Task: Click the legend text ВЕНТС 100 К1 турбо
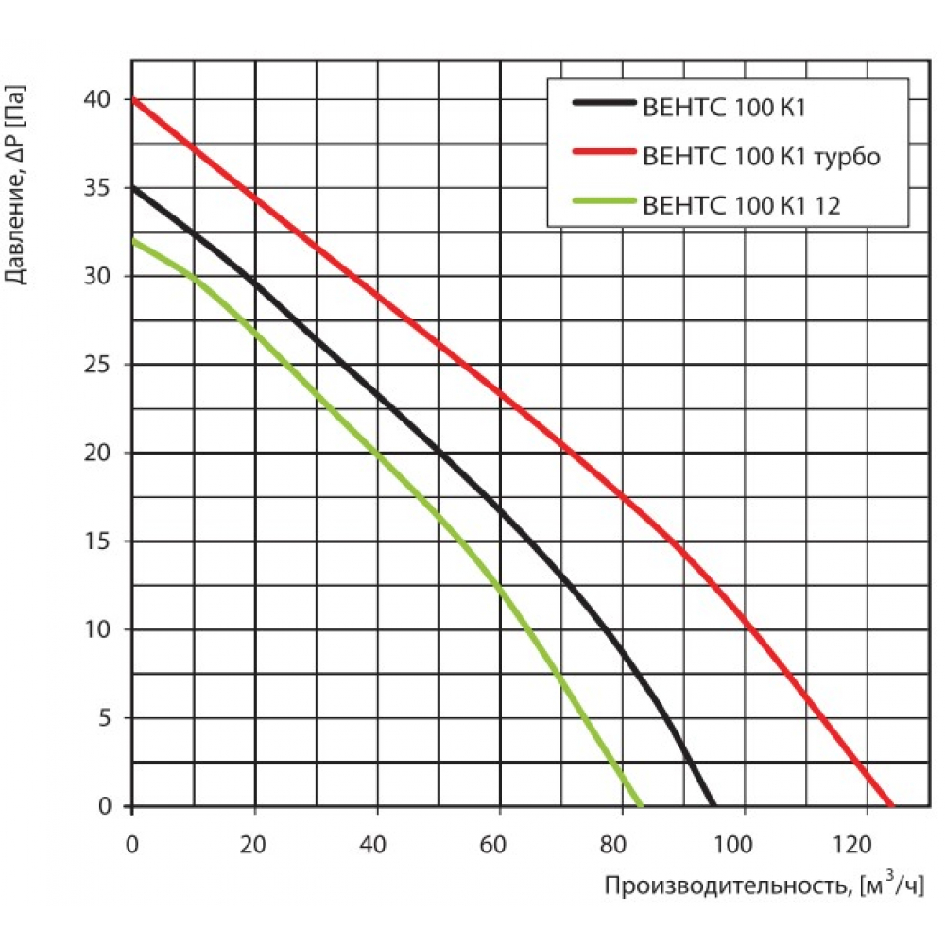coord(761,157)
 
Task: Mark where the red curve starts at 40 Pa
coord(133,99)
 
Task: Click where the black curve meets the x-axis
coord(713,805)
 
